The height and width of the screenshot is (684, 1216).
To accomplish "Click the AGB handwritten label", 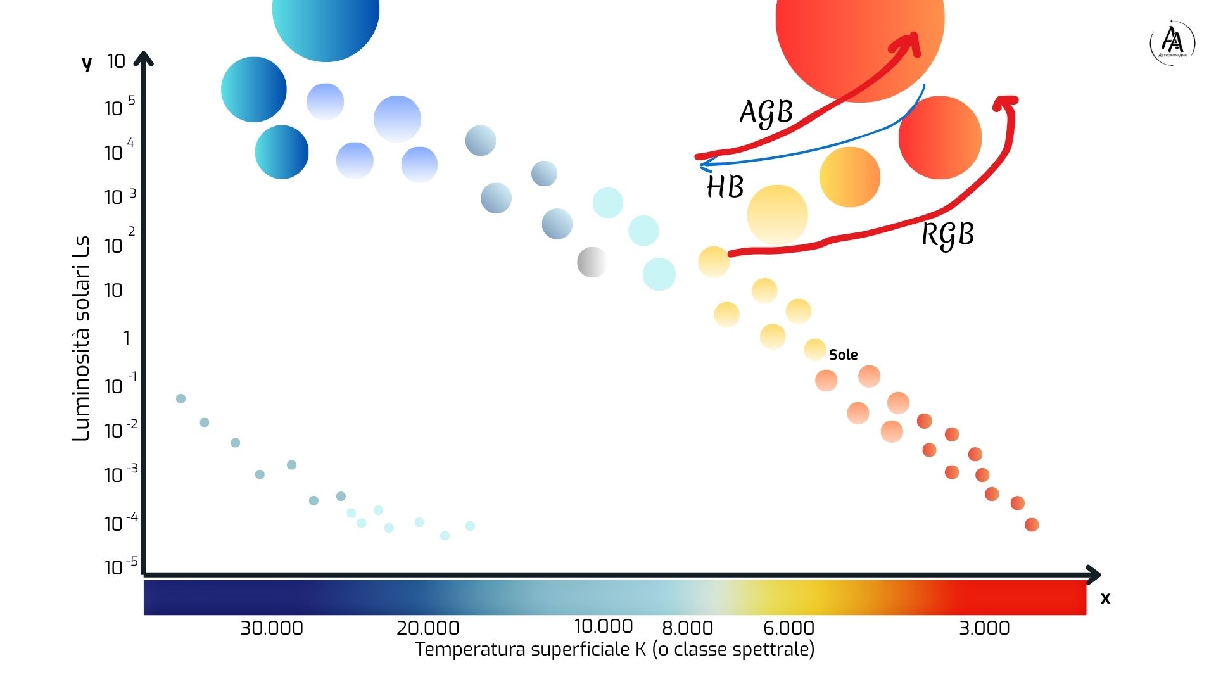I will (x=766, y=113).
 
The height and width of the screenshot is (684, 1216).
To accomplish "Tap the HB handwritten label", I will (x=725, y=187).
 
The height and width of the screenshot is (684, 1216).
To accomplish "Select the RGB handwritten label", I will (x=947, y=234).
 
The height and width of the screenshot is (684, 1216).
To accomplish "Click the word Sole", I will (x=843, y=355).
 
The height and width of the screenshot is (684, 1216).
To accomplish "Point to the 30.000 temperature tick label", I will (x=271, y=628).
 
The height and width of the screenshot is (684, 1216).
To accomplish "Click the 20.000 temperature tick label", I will (x=427, y=628).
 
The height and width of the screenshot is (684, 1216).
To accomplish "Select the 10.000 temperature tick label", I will (x=603, y=626).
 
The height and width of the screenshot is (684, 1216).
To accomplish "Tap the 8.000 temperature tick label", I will (x=687, y=628).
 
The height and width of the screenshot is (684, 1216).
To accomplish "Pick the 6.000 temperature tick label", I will (x=788, y=628).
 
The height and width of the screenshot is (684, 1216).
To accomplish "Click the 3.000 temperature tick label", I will (x=984, y=628).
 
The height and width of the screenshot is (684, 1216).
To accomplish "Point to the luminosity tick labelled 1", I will (x=127, y=338).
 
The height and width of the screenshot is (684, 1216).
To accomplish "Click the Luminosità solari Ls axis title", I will (x=81, y=339).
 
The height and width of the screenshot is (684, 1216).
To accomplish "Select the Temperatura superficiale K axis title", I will (x=614, y=650).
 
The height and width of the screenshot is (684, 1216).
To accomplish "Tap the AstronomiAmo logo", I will (x=1172, y=42).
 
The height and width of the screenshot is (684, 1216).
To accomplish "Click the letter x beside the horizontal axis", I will (x=1105, y=598).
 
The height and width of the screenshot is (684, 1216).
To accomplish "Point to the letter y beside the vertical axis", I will (x=87, y=63).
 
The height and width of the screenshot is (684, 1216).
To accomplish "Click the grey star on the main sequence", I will (x=592, y=262).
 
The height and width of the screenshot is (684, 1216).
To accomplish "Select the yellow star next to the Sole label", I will (x=814, y=349).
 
